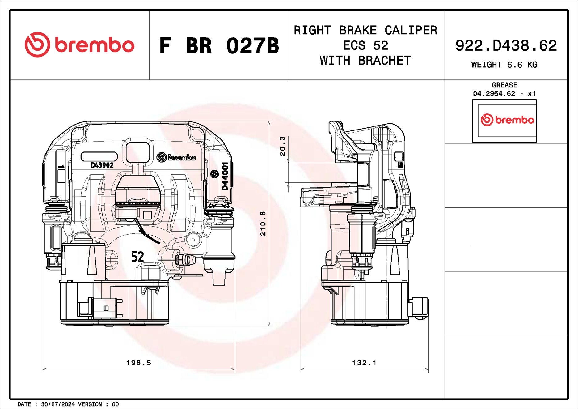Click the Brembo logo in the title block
[79, 45]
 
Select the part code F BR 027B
[219, 46]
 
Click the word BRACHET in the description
[384, 61]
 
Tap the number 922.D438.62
[506, 46]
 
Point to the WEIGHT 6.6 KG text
[504, 65]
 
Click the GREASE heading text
[504, 85]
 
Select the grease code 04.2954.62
[494, 93]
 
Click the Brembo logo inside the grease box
[507, 120]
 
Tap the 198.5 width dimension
[139, 363]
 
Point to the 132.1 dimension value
[364, 363]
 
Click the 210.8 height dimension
[263, 224]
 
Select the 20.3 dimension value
[282, 146]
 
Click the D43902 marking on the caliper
[102, 165]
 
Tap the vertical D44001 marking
[225, 176]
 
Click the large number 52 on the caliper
[137, 257]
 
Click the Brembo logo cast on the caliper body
[176, 157]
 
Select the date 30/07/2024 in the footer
[58, 404]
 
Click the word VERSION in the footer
[90, 404]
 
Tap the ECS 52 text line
[365, 45]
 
